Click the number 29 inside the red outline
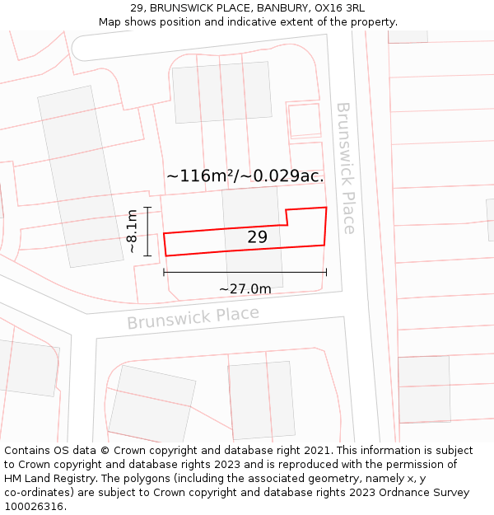257,237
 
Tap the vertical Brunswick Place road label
347,167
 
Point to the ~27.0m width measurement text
245,289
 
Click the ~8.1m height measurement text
132,232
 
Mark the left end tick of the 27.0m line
164,272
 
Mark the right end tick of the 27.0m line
326,272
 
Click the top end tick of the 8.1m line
147,207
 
